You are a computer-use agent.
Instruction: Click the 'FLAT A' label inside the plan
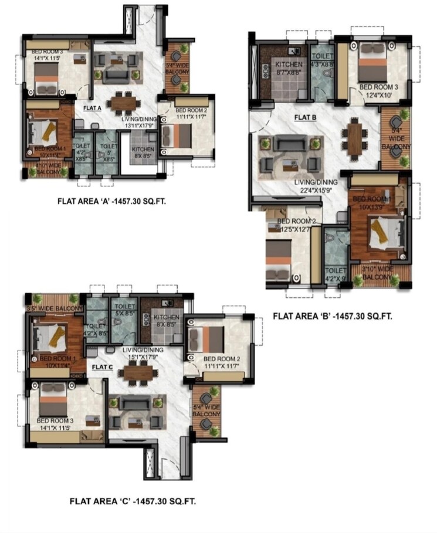(x=92, y=108)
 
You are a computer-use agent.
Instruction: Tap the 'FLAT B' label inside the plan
(x=305, y=117)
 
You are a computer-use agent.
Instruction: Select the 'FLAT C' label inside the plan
(x=102, y=367)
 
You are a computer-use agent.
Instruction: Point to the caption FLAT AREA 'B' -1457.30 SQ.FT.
(x=332, y=317)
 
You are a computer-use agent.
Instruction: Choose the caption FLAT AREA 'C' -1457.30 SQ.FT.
(x=133, y=501)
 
